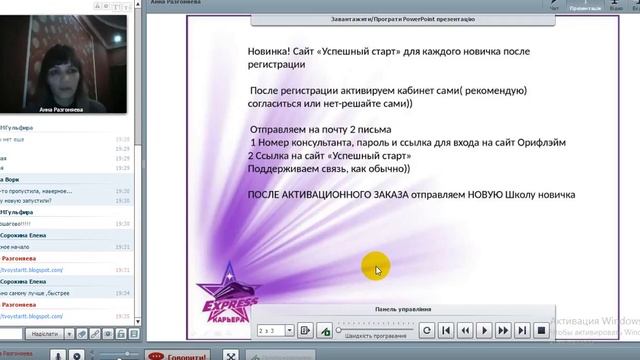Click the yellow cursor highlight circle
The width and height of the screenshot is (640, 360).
377,267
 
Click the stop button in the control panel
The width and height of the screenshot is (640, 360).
542,329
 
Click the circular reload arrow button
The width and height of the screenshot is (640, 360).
427,329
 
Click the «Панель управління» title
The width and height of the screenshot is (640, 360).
405,309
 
